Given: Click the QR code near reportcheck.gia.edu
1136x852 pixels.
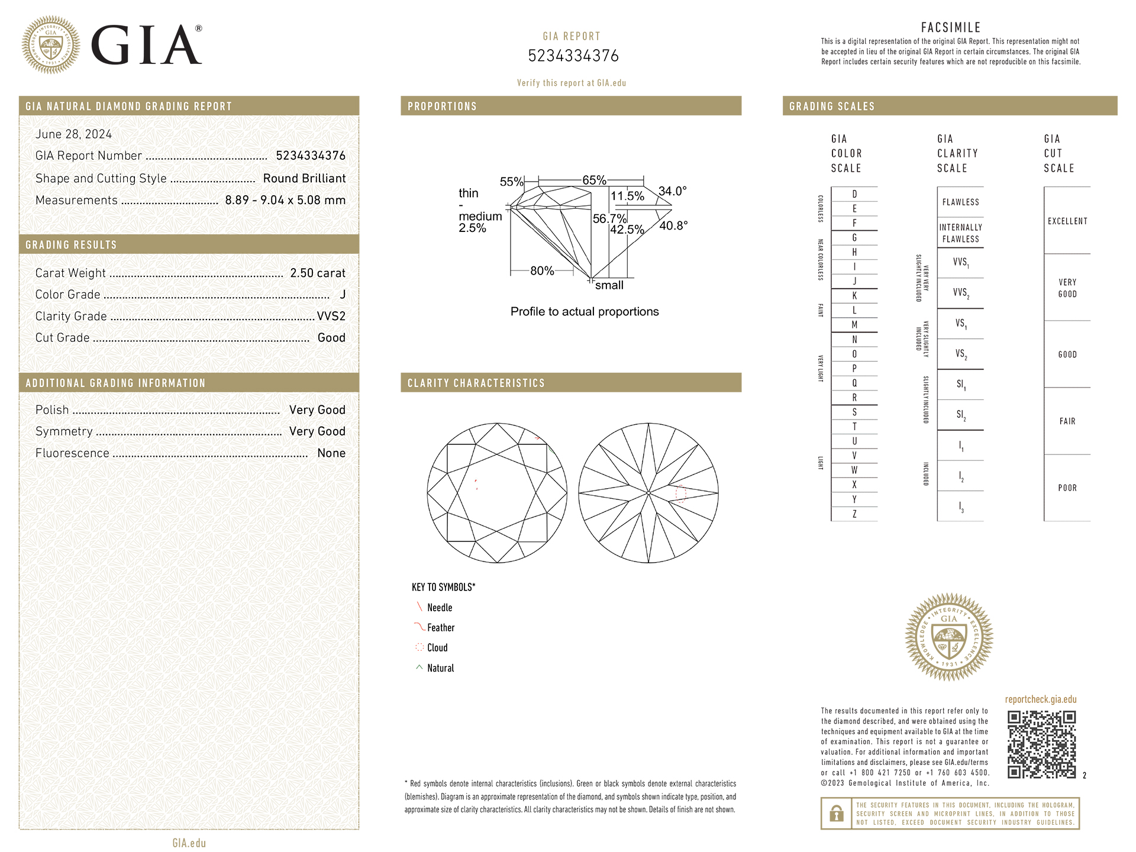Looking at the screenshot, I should (1041, 744).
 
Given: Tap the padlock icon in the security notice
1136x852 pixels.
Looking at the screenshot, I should (836, 814).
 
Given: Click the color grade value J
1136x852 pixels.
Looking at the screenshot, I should (343, 294).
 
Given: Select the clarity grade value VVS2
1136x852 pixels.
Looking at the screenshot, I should (331, 316).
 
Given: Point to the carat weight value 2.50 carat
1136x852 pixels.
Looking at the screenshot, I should (317, 273).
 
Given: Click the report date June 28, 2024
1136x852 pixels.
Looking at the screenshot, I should (73, 134).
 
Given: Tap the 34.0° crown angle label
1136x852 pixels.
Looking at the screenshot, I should (673, 191).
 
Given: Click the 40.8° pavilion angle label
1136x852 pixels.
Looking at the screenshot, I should (673, 225).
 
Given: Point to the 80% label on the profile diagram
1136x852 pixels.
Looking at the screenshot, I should (542, 271).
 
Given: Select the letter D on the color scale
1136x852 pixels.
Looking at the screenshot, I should (854, 194).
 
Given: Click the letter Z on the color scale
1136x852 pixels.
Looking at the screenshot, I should (854, 514).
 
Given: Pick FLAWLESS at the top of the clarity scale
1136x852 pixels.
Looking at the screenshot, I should (960, 202).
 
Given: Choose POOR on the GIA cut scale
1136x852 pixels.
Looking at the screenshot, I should (1067, 488).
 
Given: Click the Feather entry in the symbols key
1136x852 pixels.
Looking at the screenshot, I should (441, 628).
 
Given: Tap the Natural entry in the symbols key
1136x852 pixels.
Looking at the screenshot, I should (440, 668).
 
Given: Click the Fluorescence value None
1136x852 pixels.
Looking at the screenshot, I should (331, 453).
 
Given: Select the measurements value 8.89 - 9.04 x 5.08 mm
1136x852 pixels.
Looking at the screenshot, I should (285, 200).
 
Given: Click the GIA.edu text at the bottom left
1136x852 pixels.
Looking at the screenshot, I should (189, 843).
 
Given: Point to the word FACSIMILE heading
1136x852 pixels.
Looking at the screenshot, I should (951, 27).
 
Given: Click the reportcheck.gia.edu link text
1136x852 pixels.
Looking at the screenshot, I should (1041, 699).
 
